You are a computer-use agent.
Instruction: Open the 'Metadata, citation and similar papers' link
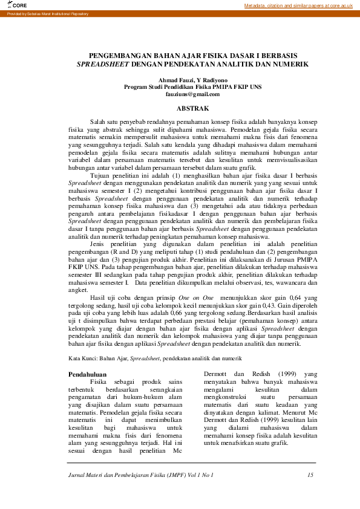click(298, 5)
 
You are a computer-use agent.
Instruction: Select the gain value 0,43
click(251, 305)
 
